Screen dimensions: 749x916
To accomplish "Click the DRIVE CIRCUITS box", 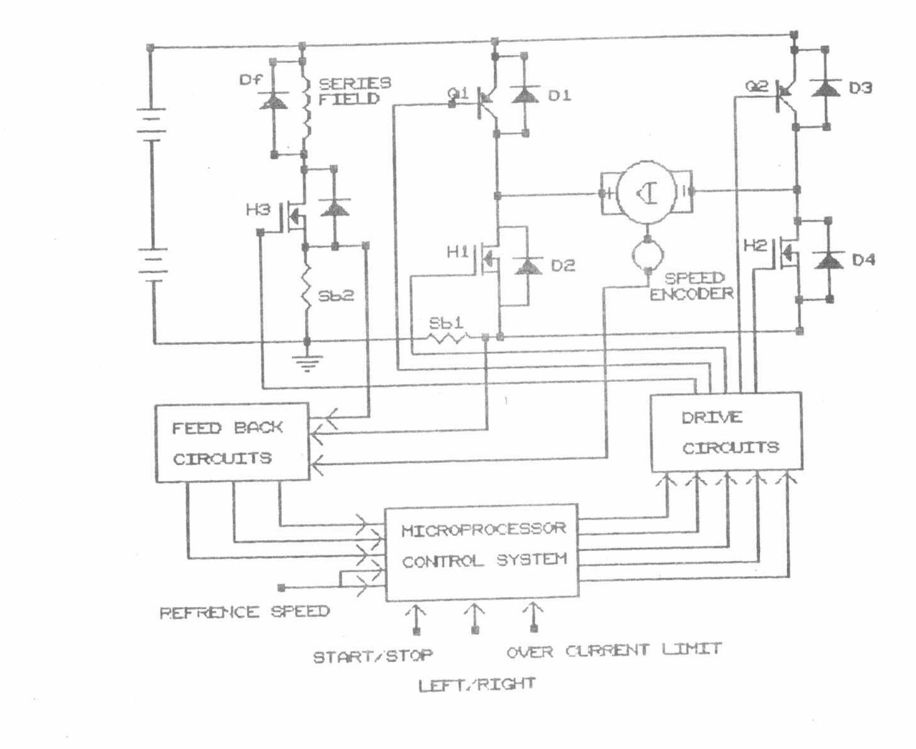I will pos(726,432).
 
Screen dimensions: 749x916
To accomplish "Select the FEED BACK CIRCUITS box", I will pos(232,442).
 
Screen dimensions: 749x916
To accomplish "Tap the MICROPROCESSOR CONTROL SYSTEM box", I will pos(482,552).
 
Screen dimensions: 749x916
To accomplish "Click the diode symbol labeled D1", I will pos(525,95).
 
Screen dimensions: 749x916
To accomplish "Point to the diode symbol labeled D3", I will pos(825,88).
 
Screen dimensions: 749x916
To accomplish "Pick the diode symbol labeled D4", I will pos(829,260).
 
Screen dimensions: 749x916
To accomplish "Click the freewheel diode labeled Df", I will pos(273,101).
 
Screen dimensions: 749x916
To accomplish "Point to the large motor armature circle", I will pos(646,192).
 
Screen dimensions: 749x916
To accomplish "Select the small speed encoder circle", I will pos(647,255).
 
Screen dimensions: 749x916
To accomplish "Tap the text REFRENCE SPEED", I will pos(245,613).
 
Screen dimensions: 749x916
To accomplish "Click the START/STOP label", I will pos(373,657).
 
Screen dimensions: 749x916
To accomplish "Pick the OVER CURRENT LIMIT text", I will pos(614,650).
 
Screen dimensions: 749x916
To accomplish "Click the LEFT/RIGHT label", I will pos(476,685).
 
